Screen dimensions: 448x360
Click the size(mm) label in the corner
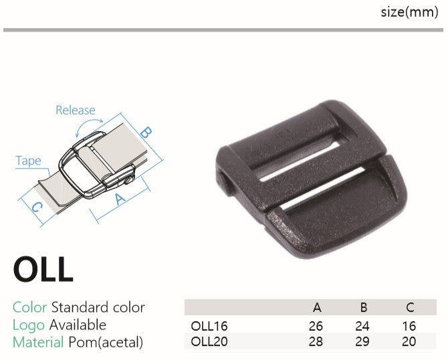click(x=409, y=12)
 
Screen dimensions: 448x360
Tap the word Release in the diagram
click(x=76, y=110)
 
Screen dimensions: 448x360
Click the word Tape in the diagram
click(x=28, y=161)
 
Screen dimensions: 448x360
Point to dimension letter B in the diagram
click(x=146, y=132)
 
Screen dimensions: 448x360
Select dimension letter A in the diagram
click(x=120, y=199)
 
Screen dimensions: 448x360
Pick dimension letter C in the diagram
click(x=37, y=207)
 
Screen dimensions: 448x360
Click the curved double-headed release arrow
click(x=88, y=126)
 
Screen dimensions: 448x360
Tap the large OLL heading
click(x=43, y=270)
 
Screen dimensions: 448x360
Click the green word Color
click(x=29, y=307)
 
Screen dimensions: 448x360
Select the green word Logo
click(x=29, y=325)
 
